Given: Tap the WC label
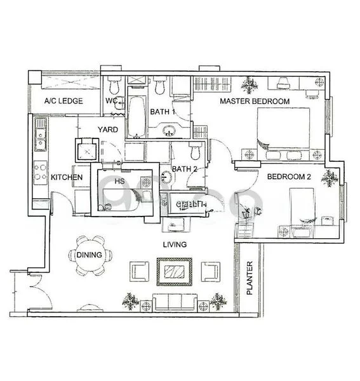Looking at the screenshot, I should click(112, 101).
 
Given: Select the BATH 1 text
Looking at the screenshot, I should click(163, 112).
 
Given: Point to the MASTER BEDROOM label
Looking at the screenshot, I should click(255, 102).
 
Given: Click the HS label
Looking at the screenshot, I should click(119, 182).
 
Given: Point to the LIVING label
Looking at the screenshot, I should click(174, 244).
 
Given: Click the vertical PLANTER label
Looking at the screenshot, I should click(250, 279).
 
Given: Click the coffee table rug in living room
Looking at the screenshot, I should click(175, 272).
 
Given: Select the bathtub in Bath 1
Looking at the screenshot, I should click(136, 116).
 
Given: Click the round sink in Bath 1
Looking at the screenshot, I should click(170, 131).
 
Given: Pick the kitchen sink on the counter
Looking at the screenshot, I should click(40, 137).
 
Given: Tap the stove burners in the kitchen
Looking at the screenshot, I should click(40, 171).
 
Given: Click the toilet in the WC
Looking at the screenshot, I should click(114, 86).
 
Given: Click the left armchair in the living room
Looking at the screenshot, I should click(140, 272).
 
